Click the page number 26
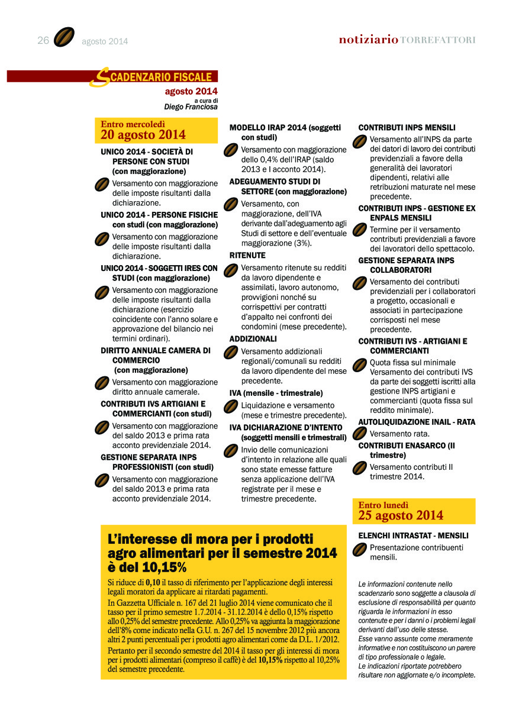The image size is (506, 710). [43, 40]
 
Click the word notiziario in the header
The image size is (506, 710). [368, 40]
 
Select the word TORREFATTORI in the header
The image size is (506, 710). [438, 40]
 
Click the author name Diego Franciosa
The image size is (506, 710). [191, 107]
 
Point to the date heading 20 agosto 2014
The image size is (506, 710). [143, 135]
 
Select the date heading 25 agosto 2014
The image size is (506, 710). [401, 515]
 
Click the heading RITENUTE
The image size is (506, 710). [247, 256]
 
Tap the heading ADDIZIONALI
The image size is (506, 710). [253, 339]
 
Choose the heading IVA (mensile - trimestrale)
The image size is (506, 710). [276, 393]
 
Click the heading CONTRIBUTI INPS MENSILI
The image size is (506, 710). [407, 127]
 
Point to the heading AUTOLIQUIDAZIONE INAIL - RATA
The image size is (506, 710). [417, 422]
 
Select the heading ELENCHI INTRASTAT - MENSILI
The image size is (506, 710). [413, 535]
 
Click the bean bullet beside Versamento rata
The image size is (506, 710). [359, 434]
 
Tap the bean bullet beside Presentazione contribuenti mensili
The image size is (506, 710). [359, 550]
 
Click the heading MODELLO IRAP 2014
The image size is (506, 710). [269, 127]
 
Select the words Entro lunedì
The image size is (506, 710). [383, 505]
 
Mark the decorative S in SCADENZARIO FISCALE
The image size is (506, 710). [102, 77]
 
